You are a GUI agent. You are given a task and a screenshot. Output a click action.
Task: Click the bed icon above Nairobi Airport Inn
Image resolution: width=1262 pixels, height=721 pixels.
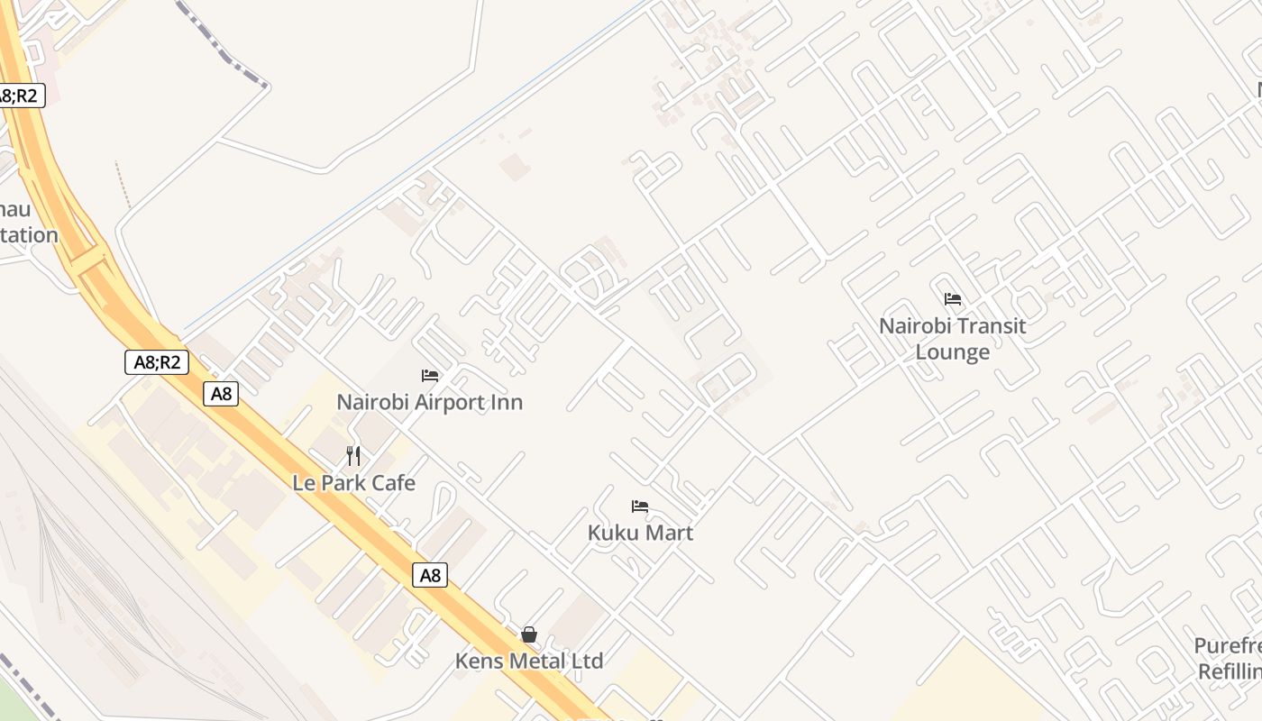click(x=430, y=376)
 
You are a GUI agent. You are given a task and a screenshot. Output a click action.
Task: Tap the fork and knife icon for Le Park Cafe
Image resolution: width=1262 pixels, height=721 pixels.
click(x=353, y=456)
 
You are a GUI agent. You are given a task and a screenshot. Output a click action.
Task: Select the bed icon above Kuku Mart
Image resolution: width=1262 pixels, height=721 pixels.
click(x=640, y=507)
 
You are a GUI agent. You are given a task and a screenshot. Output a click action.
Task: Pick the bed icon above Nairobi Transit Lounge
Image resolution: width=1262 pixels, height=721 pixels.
click(x=953, y=299)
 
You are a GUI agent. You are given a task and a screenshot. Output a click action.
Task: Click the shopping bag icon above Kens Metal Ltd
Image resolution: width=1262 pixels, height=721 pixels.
click(x=529, y=634)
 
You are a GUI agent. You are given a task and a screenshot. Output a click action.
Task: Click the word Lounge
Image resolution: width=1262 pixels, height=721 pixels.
click(x=953, y=351)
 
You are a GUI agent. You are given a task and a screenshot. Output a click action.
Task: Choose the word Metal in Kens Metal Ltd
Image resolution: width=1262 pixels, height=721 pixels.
click(x=536, y=661)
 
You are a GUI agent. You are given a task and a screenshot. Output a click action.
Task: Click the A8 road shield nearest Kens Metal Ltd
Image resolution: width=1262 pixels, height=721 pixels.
click(x=430, y=575)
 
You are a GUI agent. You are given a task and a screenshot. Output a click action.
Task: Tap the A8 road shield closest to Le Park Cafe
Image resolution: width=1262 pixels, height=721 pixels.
click(x=220, y=394)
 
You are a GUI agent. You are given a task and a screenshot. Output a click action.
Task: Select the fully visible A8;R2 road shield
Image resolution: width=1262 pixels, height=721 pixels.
click(x=156, y=362)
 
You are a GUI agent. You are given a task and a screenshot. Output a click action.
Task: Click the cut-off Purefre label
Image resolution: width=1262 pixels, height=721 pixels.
click(x=1228, y=646)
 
